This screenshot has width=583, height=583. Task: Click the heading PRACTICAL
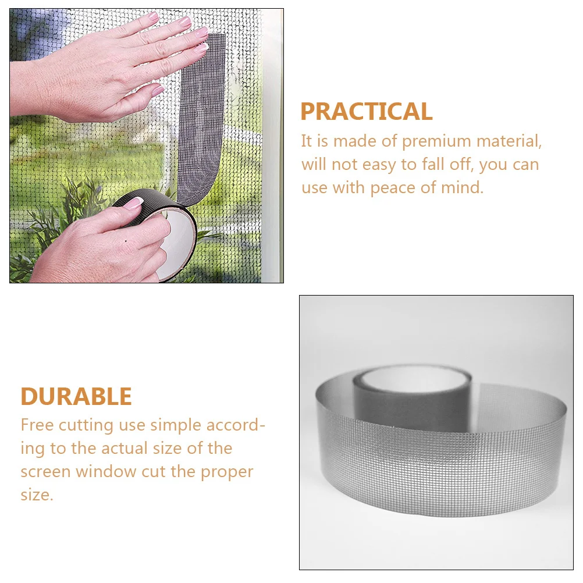366,111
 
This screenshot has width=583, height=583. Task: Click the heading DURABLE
76,396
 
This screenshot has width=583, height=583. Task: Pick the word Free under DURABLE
37,425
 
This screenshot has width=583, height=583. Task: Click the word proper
227,472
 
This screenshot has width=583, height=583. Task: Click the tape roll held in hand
157,233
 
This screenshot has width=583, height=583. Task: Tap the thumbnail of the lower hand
133,203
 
